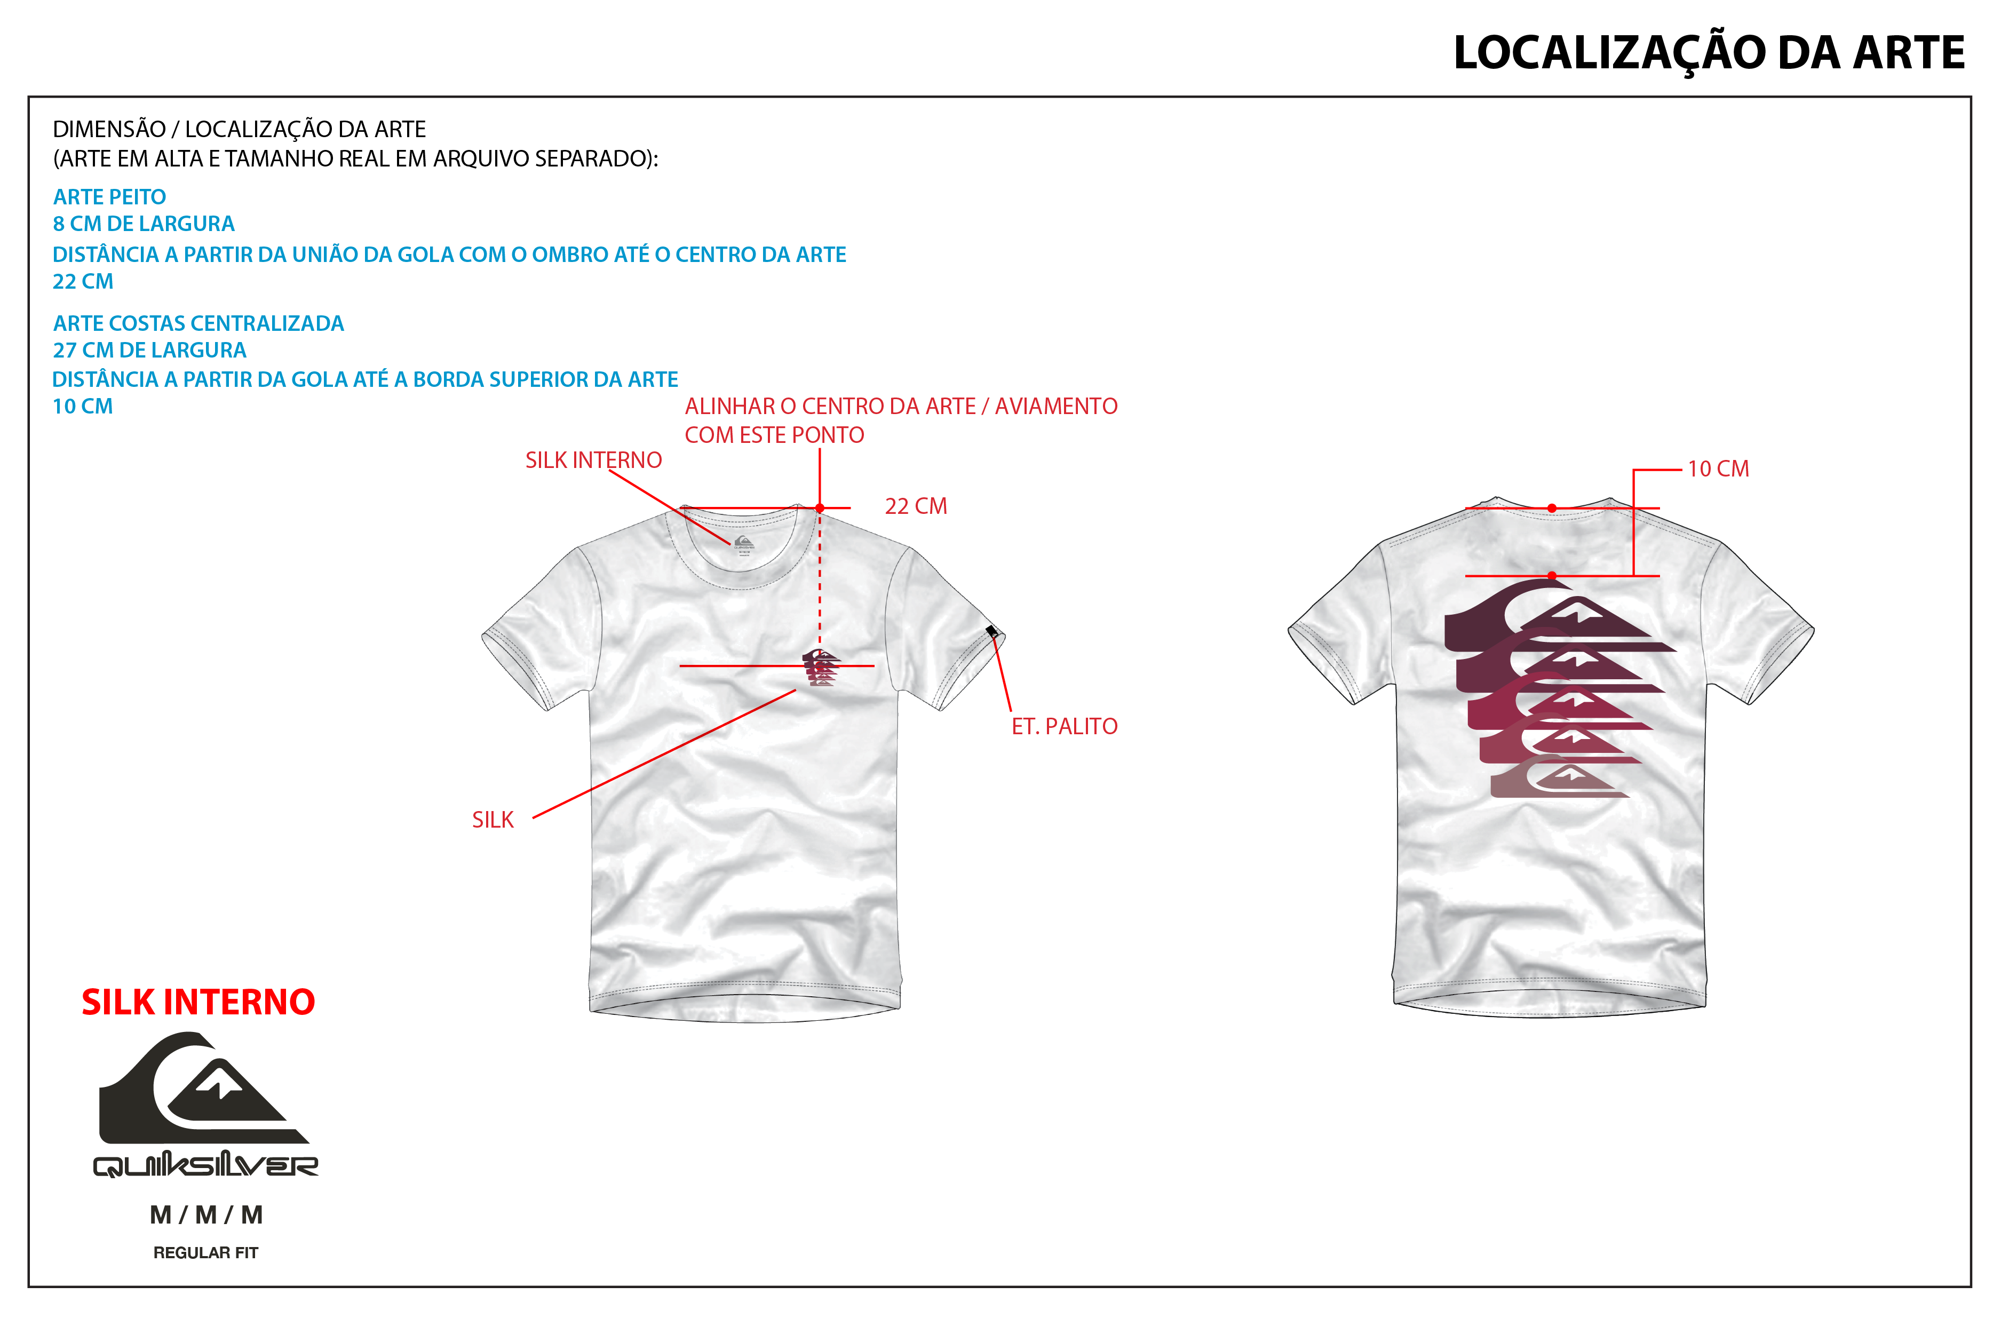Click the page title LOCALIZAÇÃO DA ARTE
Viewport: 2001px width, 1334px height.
[x=1709, y=53]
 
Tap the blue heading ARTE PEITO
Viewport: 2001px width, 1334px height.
[x=109, y=196]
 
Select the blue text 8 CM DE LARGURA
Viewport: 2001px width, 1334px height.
[x=143, y=224]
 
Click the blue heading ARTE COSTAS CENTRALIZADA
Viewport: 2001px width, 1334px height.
[x=198, y=323]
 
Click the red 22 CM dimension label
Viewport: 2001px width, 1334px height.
[x=916, y=506]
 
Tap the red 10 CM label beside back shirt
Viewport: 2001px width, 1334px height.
[x=1718, y=469]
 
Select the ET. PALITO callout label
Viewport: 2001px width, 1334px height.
[x=1065, y=727]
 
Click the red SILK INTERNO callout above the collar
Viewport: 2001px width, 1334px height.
[x=593, y=460]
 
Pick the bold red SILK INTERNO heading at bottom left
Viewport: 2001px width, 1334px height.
[x=198, y=1002]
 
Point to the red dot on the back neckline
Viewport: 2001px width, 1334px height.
[x=1552, y=509]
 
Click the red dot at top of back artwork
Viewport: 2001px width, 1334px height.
[x=1552, y=576]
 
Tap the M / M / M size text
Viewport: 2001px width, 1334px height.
[x=206, y=1215]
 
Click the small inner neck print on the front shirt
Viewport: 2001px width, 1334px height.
[x=743, y=544]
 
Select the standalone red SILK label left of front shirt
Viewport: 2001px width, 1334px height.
[x=493, y=820]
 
